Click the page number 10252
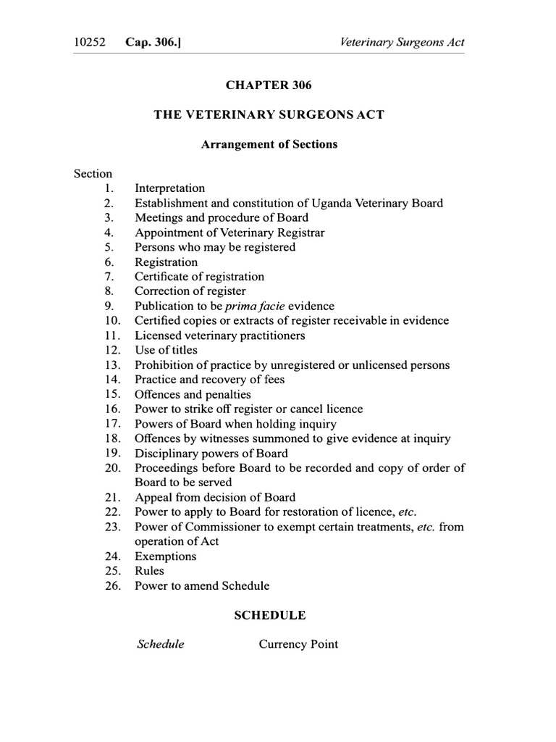pos(90,42)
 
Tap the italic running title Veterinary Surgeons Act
pos(402,42)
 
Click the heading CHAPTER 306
pos(269,86)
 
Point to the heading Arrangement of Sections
pos(269,144)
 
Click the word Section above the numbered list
pos(93,174)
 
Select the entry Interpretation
pos(169,188)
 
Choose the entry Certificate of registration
pos(199,277)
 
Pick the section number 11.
pos(111,335)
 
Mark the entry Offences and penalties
pos(193,394)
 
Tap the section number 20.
pos(111,468)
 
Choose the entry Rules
pos(149,571)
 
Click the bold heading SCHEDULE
pos(269,615)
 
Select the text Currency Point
pos(298,644)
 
